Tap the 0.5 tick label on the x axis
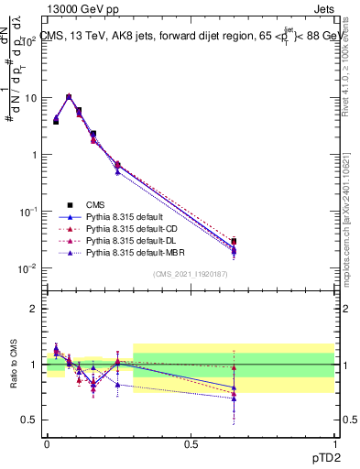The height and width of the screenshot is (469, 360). [x=191, y=442]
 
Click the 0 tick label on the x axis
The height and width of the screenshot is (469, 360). [x=47, y=442]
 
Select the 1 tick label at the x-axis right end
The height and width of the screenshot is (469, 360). [x=333, y=442]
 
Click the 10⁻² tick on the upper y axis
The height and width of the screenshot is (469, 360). [x=30, y=268]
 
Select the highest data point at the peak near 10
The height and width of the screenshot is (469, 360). [x=69, y=96]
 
